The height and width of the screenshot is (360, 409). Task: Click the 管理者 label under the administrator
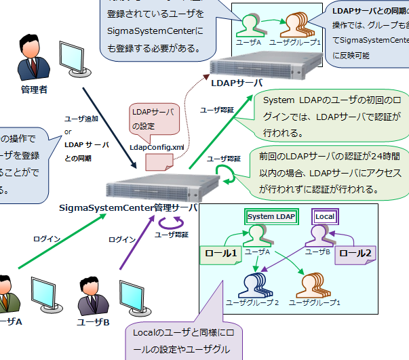pyautogui.click(x=34, y=89)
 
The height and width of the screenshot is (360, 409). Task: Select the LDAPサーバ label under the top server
pyautogui.click(x=237, y=83)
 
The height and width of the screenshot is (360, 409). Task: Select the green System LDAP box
pyautogui.click(x=270, y=216)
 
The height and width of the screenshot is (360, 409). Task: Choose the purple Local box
pyautogui.click(x=325, y=216)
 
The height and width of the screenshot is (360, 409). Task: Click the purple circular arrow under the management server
pyautogui.click(x=167, y=223)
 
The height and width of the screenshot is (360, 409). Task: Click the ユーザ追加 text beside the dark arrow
pyautogui.click(x=81, y=118)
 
